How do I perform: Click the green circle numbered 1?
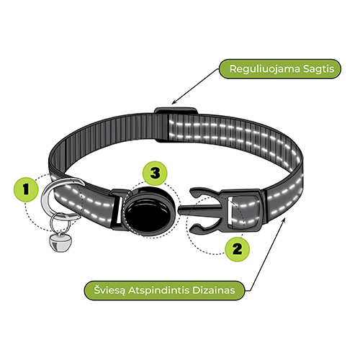coord(26,189)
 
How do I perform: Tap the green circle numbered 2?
coord(238,249)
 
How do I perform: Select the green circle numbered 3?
coord(155,173)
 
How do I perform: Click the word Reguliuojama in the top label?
coord(265,69)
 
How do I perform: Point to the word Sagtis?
coord(318,69)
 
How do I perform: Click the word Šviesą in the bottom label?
coord(109,290)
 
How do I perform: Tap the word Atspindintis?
coord(159,291)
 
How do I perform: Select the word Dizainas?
coord(214,290)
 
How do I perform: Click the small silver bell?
coord(58,243)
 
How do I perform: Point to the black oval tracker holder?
coord(149,212)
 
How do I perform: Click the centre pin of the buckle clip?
coord(200,210)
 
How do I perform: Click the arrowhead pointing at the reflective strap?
coord(284,220)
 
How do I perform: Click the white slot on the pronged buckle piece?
coord(230,210)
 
